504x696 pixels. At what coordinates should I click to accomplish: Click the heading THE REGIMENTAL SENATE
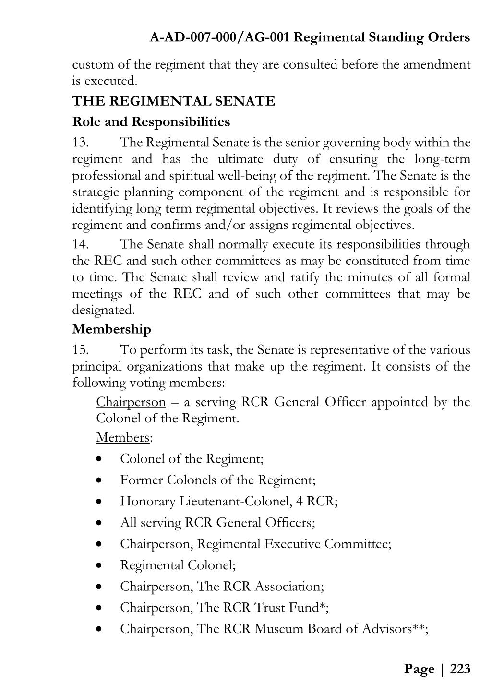(x=173, y=101)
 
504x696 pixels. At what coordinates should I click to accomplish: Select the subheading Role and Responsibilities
(x=151, y=122)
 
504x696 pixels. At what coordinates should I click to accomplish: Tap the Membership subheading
(x=111, y=329)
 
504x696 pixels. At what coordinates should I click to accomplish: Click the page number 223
(x=460, y=669)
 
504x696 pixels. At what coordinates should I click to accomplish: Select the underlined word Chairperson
(x=131, y=402)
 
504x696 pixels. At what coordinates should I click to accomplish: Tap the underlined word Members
(x=123, y=438)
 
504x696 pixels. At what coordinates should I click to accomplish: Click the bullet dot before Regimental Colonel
(x=99, y=565)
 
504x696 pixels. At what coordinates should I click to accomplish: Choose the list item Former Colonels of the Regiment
(x=217, y=480)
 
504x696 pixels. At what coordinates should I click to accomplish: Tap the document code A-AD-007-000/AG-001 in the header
(x=219, y=37)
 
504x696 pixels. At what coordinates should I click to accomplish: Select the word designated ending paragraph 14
(x=103, y=310)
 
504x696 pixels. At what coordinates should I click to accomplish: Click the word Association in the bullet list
(x=288, y=587)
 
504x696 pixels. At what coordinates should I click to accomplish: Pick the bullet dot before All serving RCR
(x=99, y=523)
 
